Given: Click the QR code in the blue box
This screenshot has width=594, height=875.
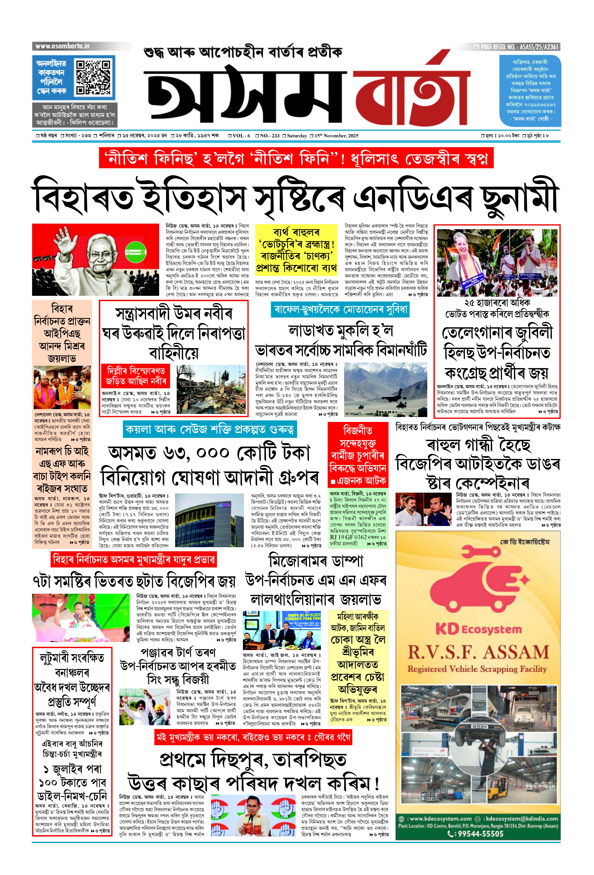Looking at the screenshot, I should coord(93,77).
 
